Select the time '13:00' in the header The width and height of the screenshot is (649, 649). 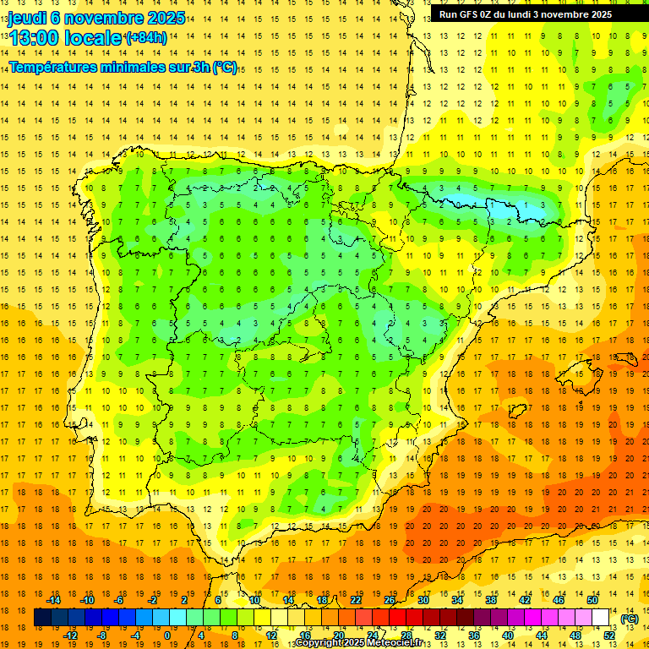[35, 38]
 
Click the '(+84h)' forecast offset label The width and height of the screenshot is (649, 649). [145, 38]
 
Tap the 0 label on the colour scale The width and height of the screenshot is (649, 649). [166, 635]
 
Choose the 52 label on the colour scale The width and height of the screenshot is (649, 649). [609, 635]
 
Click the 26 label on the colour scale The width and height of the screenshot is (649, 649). [390, 600]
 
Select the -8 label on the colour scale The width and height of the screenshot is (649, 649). [101, 635]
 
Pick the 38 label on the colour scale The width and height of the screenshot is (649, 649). [490, 600]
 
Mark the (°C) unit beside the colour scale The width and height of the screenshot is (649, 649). [629, 619]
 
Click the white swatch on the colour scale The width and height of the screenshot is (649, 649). [601, 618]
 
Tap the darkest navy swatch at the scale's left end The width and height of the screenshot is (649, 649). [42, 618]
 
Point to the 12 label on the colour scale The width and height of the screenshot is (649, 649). [271, 635]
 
